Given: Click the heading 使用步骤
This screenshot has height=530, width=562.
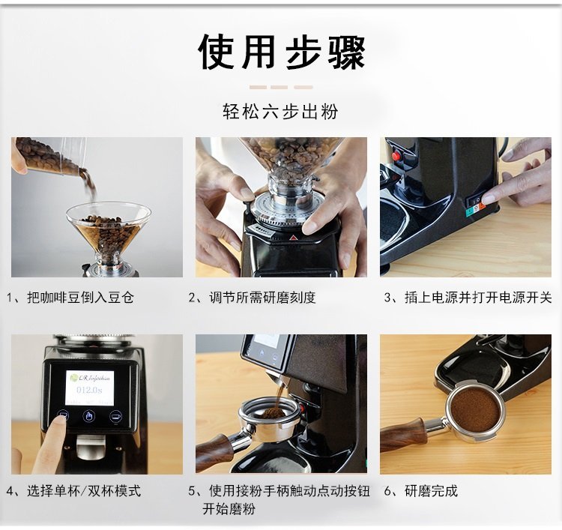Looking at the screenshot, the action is (x=281, y=52).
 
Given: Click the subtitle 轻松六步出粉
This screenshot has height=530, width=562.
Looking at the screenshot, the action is (x=280, y=111).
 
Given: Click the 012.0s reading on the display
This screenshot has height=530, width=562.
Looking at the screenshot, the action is (x=89, y=390).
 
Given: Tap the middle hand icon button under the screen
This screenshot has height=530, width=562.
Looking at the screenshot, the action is (x=88, y=416).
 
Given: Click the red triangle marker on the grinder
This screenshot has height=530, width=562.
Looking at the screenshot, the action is (x=293, y=238).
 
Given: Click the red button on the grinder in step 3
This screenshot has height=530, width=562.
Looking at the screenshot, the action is (x=396, y=156).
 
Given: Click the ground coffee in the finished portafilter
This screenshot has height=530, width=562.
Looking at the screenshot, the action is (x=475, y=410).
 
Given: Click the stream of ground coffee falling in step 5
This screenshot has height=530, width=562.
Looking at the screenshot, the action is (x=280, y=397).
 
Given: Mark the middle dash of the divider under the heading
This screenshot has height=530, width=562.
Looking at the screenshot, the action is (x=280, y=87).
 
